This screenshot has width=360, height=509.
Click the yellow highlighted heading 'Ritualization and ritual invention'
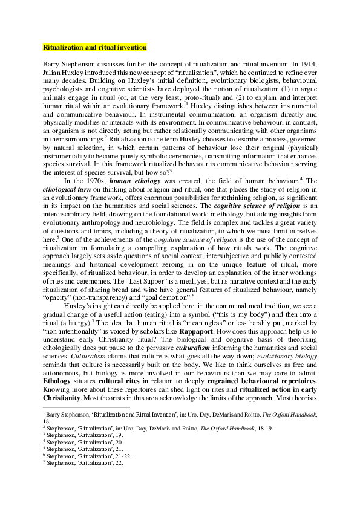coord(94,47)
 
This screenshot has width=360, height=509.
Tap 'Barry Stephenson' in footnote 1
coord(70,413)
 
